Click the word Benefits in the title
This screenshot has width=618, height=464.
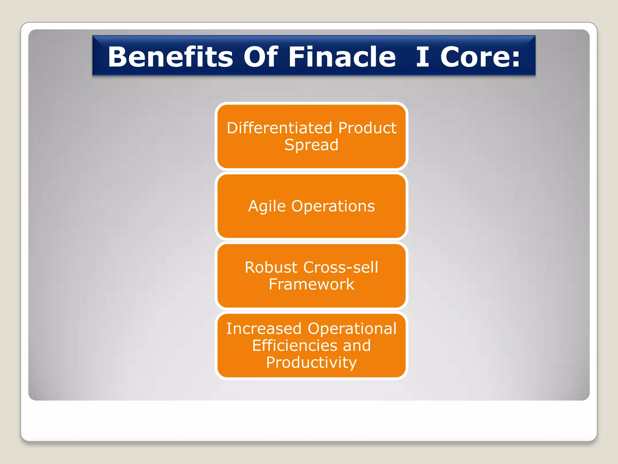[170, 57]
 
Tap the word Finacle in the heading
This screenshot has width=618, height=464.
[342, 57]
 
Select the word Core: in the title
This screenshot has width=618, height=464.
[480, 57]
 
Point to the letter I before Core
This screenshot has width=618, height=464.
[422, 57]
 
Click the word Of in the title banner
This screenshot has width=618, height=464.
[261, 57]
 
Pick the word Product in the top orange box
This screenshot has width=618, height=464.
[367, 128]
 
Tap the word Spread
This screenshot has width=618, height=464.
[311, 145]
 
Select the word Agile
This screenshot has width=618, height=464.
[267, 207]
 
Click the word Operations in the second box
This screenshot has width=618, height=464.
[333, 207]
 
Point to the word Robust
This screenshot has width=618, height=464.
[271, 267]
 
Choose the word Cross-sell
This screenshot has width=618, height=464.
[341, 267]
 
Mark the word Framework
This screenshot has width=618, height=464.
[311, 284]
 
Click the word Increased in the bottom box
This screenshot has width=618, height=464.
[264, 329]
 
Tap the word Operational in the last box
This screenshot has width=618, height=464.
[352, 329]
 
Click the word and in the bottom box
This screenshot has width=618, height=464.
[357, 346]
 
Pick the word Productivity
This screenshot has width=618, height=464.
[311, 362]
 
